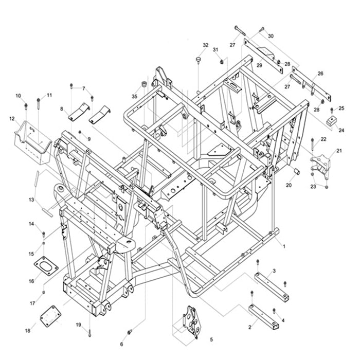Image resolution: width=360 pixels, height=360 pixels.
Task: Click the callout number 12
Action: click(11, 119)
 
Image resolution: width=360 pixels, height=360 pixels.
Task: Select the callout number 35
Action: click(135, 96)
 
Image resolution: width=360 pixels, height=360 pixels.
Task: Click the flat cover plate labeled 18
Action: click(50, 315)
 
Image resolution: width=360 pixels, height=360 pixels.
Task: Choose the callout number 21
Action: click(339, 151)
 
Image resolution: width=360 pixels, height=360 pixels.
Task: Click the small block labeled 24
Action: click(332, 122)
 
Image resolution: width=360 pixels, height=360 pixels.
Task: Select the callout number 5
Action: click(211, 339)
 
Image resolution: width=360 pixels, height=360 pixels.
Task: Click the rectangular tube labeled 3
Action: click(271, 284)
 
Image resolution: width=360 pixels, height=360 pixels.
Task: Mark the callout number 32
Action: click(206, 45)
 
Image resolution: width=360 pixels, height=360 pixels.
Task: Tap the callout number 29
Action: click(260, 66)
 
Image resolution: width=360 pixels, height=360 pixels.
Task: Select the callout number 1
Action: click(283, 246)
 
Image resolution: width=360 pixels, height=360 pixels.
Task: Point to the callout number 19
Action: click(79, 325)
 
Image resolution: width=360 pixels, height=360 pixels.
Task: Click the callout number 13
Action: click(31, 200)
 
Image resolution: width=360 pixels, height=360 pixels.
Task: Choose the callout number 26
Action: click(320, 74)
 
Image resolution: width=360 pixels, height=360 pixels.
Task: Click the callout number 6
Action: click(122, 344)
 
